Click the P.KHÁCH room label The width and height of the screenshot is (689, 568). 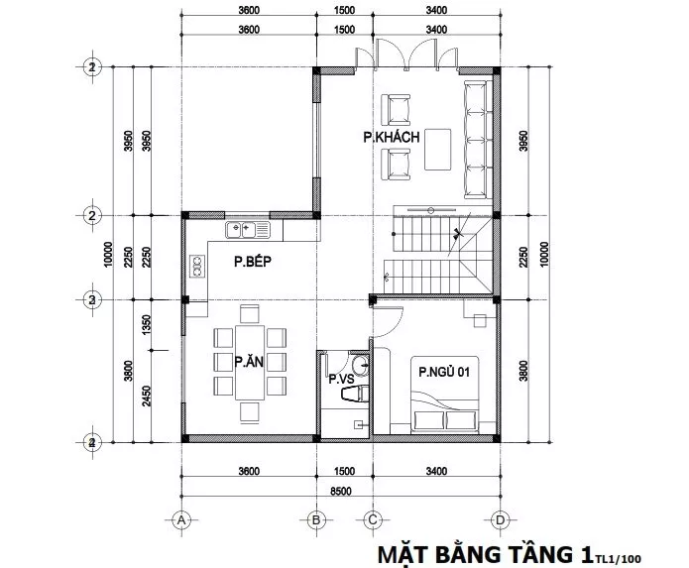click(391, 137)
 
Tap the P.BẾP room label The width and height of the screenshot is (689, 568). click(253, 262)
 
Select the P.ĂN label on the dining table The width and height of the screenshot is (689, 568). click(249, 362)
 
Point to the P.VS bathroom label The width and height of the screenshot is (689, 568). click(341, 379)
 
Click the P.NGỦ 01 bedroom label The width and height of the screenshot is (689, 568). click(444, 372)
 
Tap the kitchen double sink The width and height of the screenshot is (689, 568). click(248, 230)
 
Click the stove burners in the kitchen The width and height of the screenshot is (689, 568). click(197, 267)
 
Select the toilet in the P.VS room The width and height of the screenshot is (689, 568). click(355, 394)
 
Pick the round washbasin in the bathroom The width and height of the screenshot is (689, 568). click(361, 365)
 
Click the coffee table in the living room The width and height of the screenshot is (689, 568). click(437, 149)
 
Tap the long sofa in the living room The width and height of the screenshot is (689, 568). click(478, 139)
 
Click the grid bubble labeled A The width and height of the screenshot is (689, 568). click(181, 520)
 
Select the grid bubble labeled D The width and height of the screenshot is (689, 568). click(500, 520)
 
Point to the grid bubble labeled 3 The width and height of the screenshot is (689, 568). click(92, 300)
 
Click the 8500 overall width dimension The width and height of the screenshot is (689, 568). click(341, 491)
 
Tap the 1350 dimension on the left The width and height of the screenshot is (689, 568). click(147, 324)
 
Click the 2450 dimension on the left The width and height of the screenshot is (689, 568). click(147, 396)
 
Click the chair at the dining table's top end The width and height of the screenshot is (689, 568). click(250, 313)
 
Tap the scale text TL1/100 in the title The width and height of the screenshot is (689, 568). click(619, 559)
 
